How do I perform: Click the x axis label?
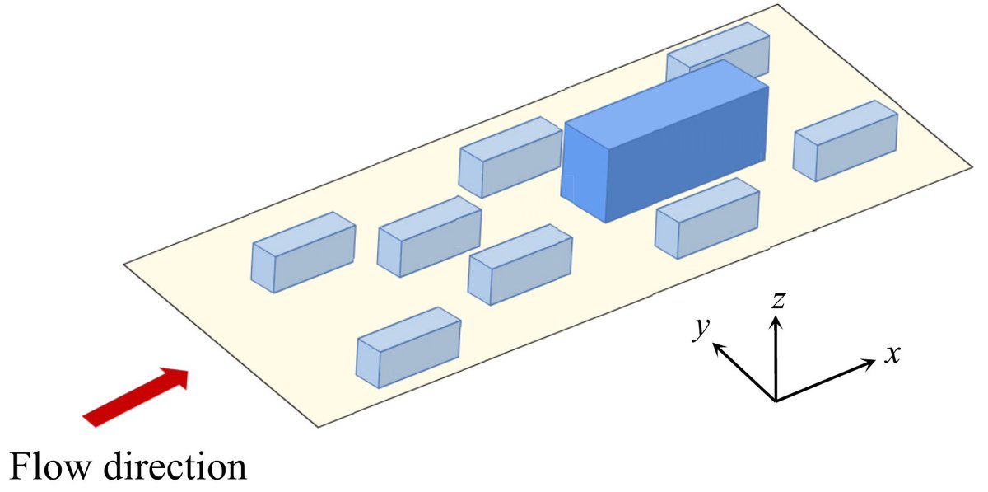click(892, 354)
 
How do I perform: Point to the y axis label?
click(701, 327)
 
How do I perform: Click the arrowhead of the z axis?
click(775, 321)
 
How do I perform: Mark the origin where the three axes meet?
click(776, 401)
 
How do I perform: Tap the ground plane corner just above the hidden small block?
click(778, 5)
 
